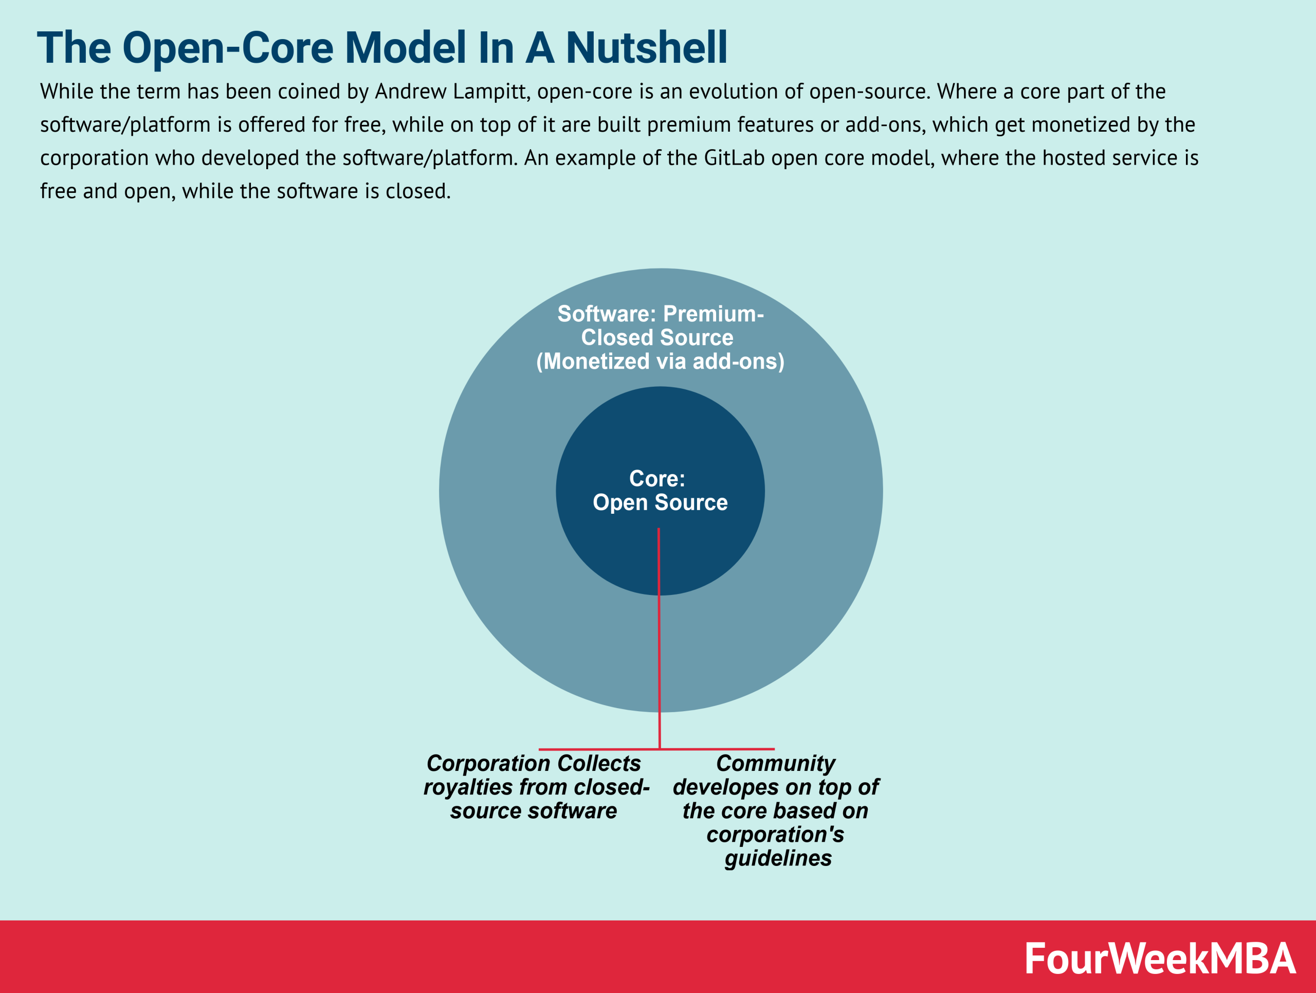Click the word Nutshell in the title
click(x=646, y=48)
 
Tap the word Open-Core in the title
click(x=228, y=48)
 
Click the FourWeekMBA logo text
click(x=1160, y=959)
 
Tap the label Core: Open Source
click(x=659, y=491)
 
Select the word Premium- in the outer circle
click(x=714, y=314)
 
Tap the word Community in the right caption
click(x=775, y=763)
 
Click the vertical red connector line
click(x=659, y=655)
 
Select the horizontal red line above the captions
click(x=595, y=749)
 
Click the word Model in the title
click(x=405, y=48)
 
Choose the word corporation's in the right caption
click(x=775, y=835)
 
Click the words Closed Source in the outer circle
click(x=657, y=337)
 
